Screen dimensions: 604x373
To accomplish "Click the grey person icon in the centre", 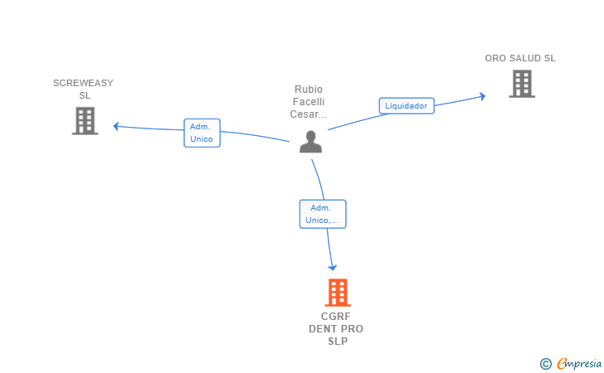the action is pyautogui.click(x=310, y=142).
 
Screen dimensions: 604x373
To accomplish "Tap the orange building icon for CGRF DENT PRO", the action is pyautogui.click(x=338, y=292).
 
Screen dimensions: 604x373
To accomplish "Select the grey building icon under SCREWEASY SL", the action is pyautogui.click(x=85, y=121).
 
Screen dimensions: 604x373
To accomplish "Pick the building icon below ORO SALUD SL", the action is pyautogui.click(x=522, y=84).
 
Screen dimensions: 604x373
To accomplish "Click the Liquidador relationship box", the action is pyautogui.click(x=407, y=106).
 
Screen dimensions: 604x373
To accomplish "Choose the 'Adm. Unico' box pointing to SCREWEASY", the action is pyautogui.click(x=202, y=133).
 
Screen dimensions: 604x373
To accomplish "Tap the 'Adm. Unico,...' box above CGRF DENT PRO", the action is pyautogui.click(x=323, y=214).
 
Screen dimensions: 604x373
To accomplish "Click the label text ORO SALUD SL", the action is pyautogui.click(x=520, y=58).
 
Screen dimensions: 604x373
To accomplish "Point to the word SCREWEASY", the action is pyautogui.click(x=83, y=83).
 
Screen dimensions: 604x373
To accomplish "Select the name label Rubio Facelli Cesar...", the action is pyautogui.click(x=309, y=102).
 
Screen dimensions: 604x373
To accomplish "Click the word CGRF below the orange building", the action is pyautogui.click(x=336, y=317).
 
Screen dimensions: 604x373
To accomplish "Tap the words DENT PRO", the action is pyautogui.click(x=336, y=329).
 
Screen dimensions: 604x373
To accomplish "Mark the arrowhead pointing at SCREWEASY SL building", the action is pyautogui.click(x=115, y=126).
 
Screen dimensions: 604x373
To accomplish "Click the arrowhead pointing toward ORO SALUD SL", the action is pyautogui.click(x=482, y=96).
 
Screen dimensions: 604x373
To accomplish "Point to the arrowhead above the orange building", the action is pyautogui.click(x=332, y=267).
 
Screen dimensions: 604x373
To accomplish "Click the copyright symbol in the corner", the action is pyautogui.click(x=545, y=364).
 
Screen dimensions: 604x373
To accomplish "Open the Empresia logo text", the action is pyautogui.click(x=579, y=363).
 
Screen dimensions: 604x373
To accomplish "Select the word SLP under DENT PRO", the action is pyautogui.click(x=338, y=341).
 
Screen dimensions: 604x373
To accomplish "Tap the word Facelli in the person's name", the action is pyautogui.click(x=309, y=102).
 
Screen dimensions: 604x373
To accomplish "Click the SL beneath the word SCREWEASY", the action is pyautogui.click(x=85, y=95).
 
